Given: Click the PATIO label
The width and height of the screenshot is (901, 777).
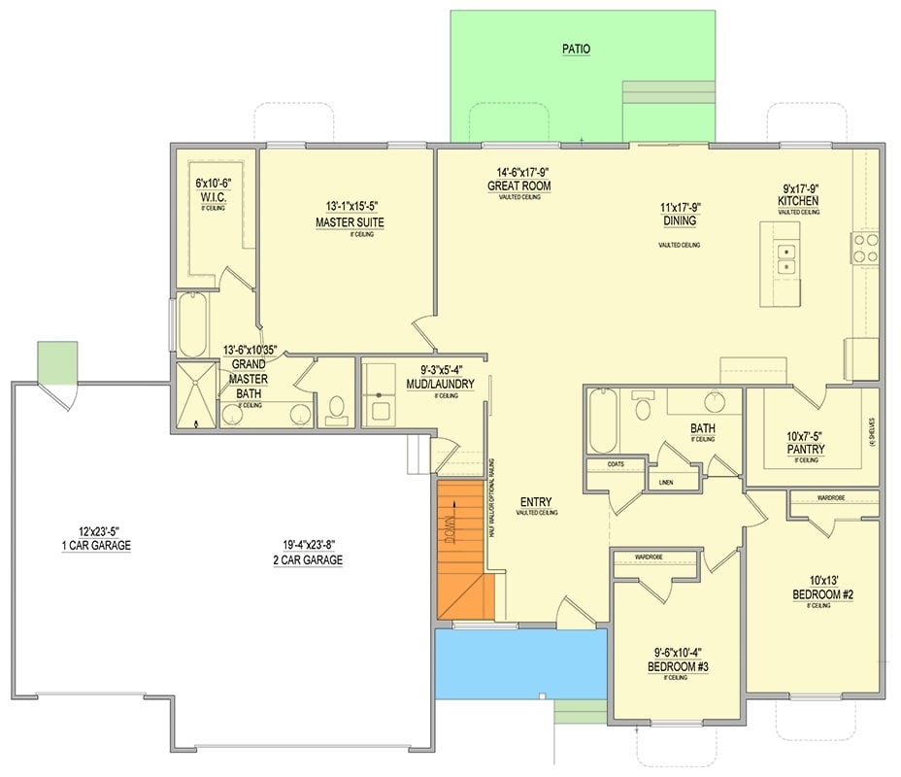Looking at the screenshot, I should pyautogui.click(x=576, y=49).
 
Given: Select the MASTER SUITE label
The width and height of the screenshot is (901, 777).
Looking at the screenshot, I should pyautogui.click(x=350, y=222).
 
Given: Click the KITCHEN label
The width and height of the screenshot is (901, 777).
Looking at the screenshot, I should pyautogui.click(x=797, y=201).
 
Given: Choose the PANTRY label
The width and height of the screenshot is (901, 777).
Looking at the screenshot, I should pyautogui.click(x=806, y=450).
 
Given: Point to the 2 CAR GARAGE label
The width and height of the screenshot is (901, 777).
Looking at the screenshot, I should pyautogui.click(x=307, y=560).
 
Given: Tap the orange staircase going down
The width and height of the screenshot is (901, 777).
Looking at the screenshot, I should pyautogui.click(x=459, y=549).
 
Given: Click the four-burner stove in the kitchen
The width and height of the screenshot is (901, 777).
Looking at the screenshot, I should pyautogui.click(x=865, y=248).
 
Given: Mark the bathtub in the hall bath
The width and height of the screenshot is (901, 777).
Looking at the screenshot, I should pyautogui.click(x=602, y=420).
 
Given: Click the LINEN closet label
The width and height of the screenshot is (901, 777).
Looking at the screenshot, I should pyautogui.click(x=665, y=481).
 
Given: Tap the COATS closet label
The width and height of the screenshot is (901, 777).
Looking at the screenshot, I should pyautogui.click(x=615, y=464).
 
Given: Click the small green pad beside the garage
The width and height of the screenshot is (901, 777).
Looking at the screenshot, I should pyautogui.click(x=56, y=361).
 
